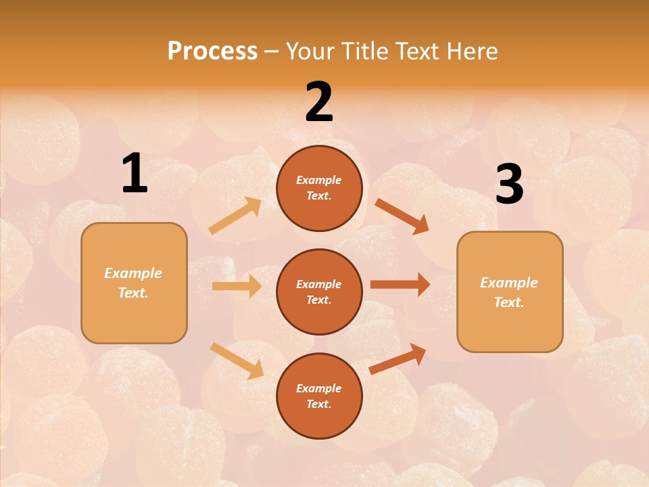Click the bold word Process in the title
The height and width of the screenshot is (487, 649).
click(212, 51)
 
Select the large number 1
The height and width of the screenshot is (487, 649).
click(135, 174)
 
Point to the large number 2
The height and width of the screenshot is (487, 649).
click(319, 102)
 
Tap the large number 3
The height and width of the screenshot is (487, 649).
click(510, 185)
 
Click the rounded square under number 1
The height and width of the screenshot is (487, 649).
click(134, 283)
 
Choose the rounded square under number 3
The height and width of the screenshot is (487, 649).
click(510, 292)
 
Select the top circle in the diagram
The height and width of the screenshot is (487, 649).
click(319, 188)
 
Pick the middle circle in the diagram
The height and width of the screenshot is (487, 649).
click(319, 292)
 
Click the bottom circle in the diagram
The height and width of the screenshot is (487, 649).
click(319, 396)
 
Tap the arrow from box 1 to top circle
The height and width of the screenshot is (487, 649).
click(235, 216)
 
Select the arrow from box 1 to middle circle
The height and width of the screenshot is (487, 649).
click(237, 286)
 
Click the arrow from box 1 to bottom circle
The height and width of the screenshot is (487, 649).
click(237, 361)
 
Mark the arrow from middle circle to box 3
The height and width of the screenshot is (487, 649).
click(400, 285)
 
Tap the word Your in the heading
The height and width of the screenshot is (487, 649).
click(309, 51)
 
